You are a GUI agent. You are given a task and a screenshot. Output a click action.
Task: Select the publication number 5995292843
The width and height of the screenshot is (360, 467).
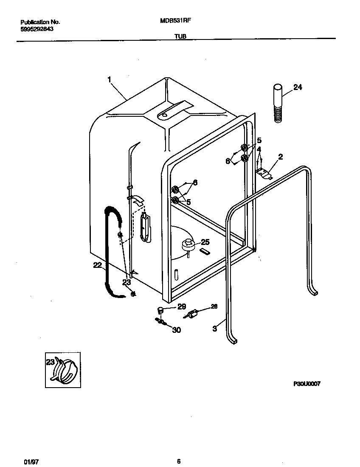pyautogui.click(x=37, y=29)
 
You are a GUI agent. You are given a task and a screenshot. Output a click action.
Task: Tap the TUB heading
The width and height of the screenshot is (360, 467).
pyautogui.click(x=180, y=37)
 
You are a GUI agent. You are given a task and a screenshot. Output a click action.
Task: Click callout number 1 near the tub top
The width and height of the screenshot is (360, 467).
pyautogui.click(x=109, y=79)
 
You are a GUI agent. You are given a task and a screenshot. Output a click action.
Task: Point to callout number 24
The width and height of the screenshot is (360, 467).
pyautogui.click(x=298, y=87)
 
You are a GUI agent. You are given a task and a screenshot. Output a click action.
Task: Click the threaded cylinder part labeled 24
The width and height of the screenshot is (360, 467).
pyautogui.click(x=277, y=103)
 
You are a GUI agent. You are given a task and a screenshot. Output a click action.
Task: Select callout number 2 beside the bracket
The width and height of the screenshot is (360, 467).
pyautogui.click(x=280, y=157)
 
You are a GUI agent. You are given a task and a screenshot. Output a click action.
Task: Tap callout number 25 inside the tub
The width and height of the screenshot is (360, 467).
pyautogui.click(x=205, y=242)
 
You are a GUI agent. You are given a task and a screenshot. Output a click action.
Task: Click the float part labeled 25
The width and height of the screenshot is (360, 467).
pyautogui.click(x=188, y=245)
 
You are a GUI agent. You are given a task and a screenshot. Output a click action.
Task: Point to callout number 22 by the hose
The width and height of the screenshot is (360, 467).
pyautogui.click(x=97, y=266)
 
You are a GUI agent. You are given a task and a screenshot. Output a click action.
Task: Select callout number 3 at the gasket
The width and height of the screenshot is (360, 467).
pyautogui.click(x=215, y=328)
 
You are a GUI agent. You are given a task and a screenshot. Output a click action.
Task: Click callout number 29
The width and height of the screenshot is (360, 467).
pyautogui.click(x=181, y=307)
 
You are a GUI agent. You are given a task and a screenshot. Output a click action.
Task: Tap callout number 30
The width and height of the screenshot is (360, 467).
pyautogui.click(x=176, y=329)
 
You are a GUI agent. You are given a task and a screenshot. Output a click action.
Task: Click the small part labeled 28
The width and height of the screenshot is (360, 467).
pyautogui.click(x=193, y=314)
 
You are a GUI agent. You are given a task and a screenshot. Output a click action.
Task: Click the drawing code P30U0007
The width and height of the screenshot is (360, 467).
pyautogui.click(x=307, y=383)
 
